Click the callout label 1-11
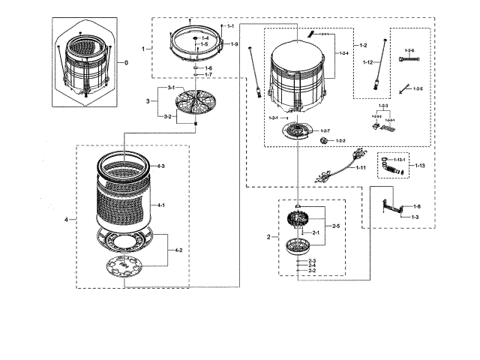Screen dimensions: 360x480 (361, 168)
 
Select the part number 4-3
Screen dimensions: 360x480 (160, 165)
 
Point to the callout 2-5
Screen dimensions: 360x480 (335, 225)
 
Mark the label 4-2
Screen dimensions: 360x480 (178, 248)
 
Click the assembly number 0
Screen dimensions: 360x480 (125, 62)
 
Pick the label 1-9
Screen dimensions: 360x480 (234, 46)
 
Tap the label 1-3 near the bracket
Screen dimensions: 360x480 (415, 216)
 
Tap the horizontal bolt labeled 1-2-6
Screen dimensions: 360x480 (408, 58)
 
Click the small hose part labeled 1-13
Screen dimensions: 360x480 (392, 165)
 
